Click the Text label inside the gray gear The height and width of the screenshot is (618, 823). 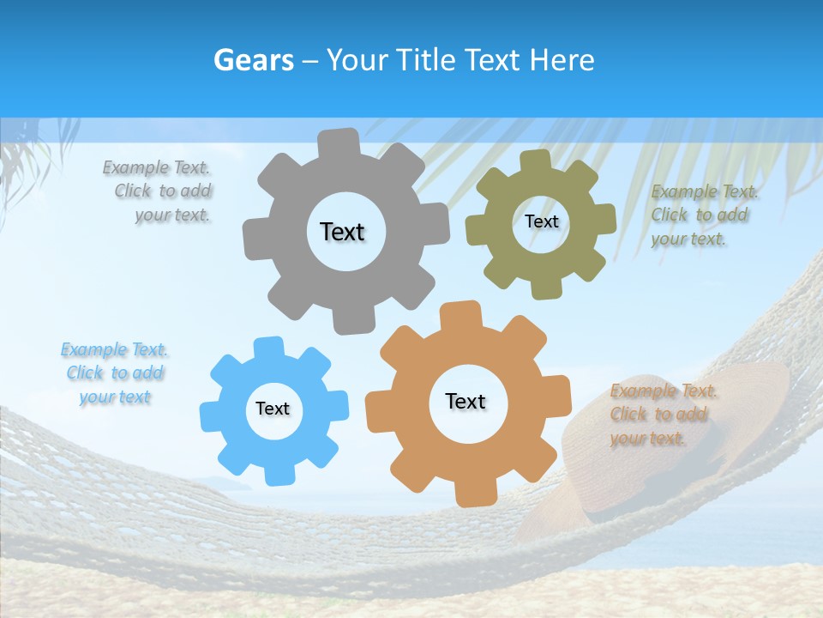click(x=342, y=232)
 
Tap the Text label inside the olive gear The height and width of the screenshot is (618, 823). click(x=541, y=221)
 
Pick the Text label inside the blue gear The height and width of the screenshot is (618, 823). click(x=273, y=409)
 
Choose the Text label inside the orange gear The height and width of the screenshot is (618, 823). click(x=466, y=401)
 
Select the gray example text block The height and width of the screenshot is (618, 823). click(x=159, y=191)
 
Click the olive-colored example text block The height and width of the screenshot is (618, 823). click(x=702, y=215)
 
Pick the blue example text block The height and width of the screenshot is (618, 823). click(x=114, y=373)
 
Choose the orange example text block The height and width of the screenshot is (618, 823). click(x=662, y=415)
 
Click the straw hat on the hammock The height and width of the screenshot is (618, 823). click(x=677, y=429)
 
